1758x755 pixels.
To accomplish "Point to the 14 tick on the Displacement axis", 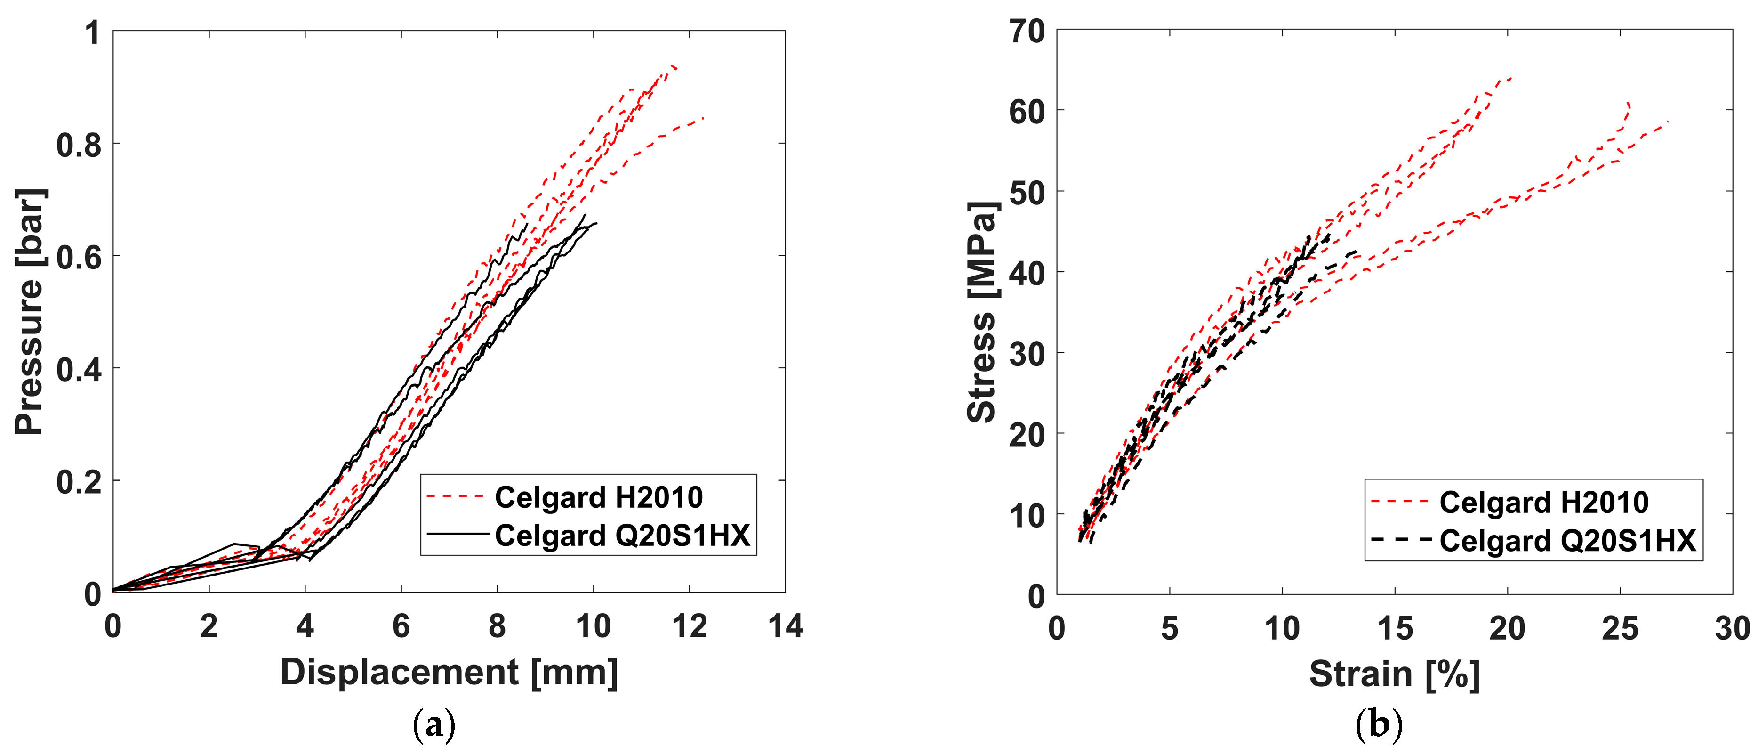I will click(785, 626).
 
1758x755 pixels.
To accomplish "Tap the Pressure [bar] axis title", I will click(29, 311).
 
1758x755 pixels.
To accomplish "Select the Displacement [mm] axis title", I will click(449, 673).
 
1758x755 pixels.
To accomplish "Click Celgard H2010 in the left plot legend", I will click(599, 497).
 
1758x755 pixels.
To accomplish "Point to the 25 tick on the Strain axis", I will click(1620, 628).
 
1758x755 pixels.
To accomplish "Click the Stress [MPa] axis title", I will click(983, 311).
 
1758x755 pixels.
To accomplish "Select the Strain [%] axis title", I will click(1394, 674).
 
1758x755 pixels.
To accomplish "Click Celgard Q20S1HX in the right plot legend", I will click(1567, 541).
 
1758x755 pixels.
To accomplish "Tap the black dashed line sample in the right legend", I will click(1400, 539).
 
